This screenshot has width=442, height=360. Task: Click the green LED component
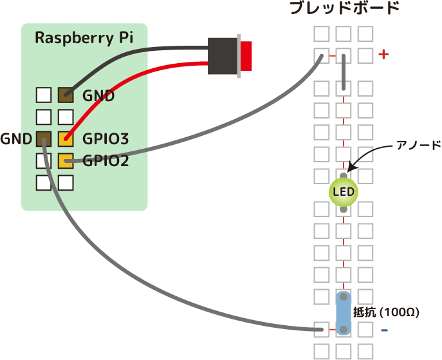[x=344, y=192]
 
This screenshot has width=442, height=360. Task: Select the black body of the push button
[x=223, y=55]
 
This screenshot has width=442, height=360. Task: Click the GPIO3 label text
[x=106, y=138]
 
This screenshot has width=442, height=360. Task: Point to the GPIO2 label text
[x=106, y=160]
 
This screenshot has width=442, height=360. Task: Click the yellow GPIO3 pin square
[x=65, y=138]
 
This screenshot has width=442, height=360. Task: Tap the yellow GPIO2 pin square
[x=65, y=160]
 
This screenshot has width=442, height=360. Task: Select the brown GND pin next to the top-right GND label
[x=65, y=95]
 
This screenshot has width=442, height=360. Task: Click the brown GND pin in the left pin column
[x=43, y=138]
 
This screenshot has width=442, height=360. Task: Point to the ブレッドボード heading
[x=344, y=9]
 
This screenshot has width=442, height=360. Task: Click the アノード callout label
[x=418, y=146]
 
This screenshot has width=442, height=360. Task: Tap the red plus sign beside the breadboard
[x=384, y=55]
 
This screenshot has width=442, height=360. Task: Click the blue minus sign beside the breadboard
[x=384, y=330]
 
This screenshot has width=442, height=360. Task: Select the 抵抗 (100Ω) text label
[x=386, y=313]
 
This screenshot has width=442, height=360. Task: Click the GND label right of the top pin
[x=98, y=96]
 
